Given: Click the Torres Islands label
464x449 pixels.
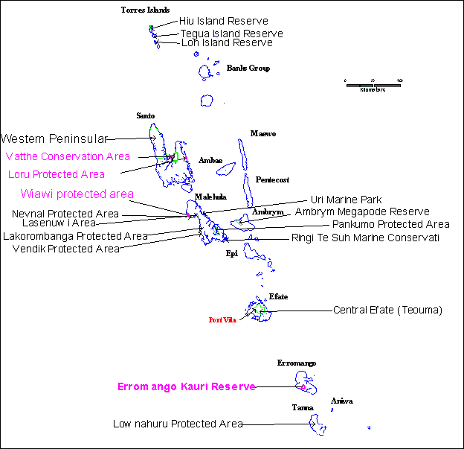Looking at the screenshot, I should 145,10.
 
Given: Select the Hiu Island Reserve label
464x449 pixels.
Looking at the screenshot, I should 223,22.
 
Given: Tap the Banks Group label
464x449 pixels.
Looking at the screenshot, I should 248,69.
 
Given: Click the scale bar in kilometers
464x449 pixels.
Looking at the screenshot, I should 373,85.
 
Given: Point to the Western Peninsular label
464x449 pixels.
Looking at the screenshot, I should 54,138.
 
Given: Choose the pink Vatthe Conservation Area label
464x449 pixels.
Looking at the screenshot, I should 68,156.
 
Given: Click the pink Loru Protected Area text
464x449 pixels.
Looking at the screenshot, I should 56,175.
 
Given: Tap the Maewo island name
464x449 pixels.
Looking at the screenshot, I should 262,134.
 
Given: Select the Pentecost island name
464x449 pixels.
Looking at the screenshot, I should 272,179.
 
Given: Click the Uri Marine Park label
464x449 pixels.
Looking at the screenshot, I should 345,200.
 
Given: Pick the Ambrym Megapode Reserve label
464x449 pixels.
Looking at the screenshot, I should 363,211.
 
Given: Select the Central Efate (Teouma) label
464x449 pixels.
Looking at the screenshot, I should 387,310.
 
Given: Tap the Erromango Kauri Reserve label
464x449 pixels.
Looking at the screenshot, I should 187,386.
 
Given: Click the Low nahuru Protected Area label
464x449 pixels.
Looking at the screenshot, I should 178,424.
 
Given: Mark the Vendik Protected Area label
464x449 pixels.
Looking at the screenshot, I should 66,249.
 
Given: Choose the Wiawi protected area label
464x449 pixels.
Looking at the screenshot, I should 77,194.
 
